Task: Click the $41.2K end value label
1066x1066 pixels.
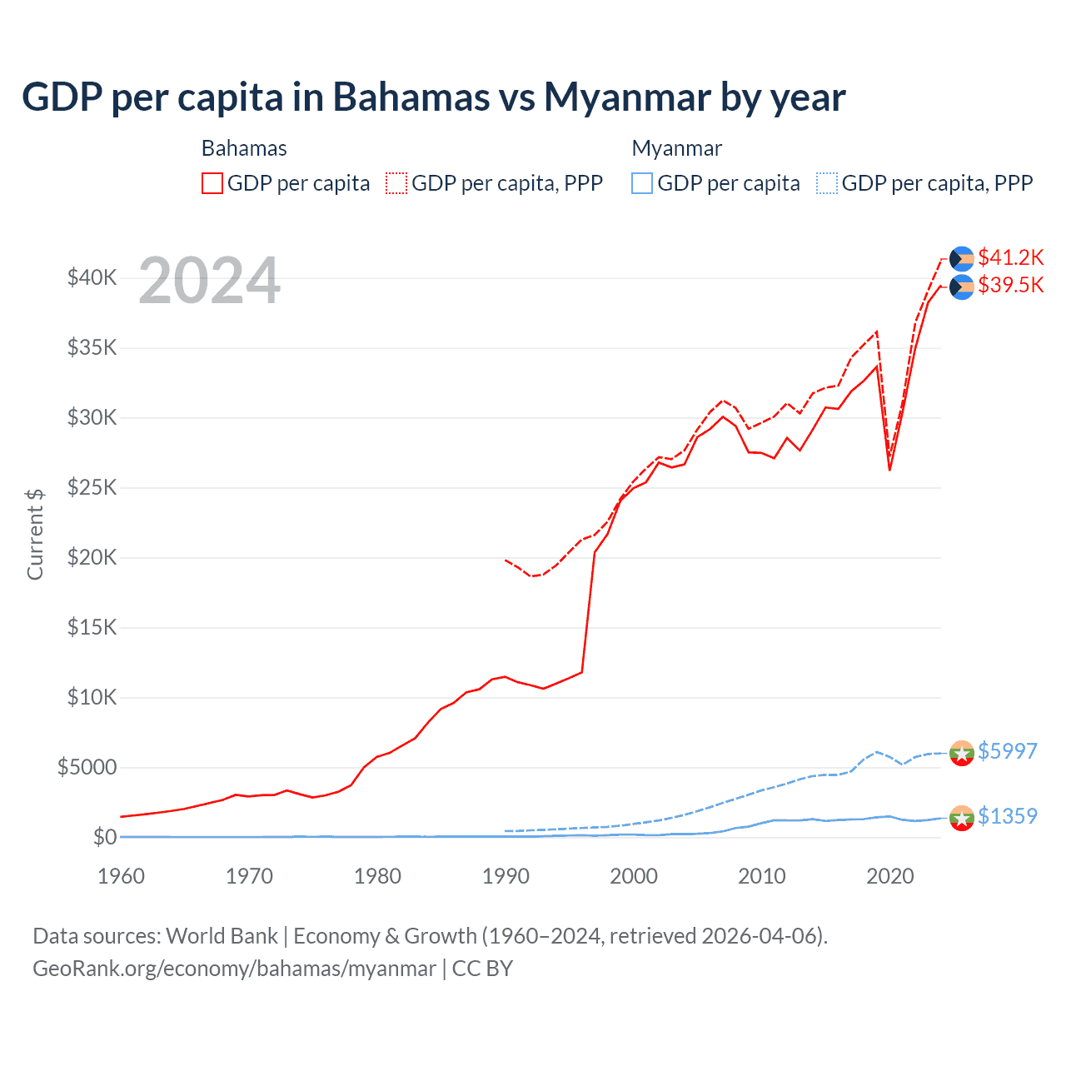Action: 1010,257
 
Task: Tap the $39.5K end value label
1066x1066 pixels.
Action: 1010,285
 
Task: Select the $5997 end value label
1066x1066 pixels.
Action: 1007,751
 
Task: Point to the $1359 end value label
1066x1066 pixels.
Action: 1007,816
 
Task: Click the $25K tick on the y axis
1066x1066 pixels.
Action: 92,487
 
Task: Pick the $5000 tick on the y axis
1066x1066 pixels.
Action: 87,767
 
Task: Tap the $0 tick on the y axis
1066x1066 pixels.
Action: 104,837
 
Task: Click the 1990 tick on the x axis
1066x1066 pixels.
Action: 506,876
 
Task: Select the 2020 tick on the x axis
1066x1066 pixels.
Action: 890,876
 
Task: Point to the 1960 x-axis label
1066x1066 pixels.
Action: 121,876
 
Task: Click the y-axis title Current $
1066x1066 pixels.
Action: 35,534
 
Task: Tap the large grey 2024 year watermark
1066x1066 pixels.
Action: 209,281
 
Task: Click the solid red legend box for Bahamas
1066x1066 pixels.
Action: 212,183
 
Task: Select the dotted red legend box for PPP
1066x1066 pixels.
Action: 396,183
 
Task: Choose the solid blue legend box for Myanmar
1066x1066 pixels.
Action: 642,183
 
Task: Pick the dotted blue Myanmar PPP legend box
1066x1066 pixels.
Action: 827,183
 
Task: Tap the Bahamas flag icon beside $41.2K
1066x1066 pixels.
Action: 962,258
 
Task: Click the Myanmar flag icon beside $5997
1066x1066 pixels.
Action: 962,752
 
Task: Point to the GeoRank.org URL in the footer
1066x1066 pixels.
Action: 234,969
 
